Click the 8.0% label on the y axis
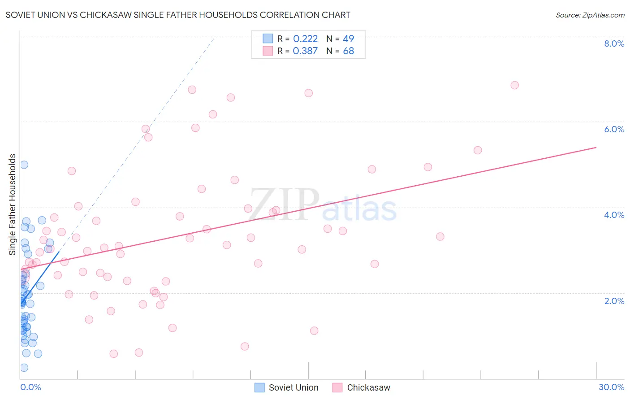point(614,43)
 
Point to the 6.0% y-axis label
point(614,129)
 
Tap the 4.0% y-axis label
point(614,215)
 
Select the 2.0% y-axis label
point(614,301)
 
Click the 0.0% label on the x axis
point(30,387)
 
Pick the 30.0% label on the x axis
point(611,387)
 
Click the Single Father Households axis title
point(13,204)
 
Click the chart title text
point(178,15)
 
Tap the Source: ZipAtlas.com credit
point(590,15)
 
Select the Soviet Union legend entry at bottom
point(287,387)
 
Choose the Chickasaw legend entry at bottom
point(362,387)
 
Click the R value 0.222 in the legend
point(305,39)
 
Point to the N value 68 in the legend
point(349,51)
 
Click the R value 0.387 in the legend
point(305,51)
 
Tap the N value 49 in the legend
point(349,39)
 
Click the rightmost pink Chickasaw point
point(514,85)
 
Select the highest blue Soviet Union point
point(24,165)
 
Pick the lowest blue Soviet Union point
point(24,368)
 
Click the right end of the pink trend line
point(596,147)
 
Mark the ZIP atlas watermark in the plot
point(323,205)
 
